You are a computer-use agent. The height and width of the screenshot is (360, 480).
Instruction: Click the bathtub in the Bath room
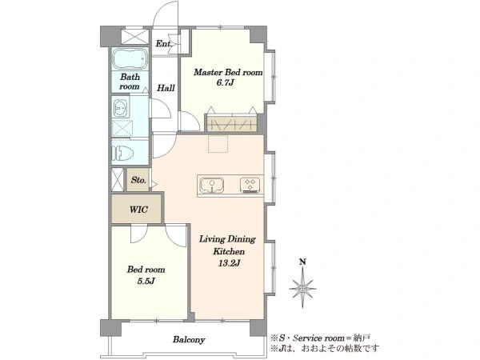130,58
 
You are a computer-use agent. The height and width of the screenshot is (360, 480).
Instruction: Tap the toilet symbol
122,153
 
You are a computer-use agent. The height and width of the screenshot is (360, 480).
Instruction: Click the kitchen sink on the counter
211,186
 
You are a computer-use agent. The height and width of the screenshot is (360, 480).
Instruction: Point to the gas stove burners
250,185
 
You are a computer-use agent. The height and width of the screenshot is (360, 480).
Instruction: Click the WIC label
138,210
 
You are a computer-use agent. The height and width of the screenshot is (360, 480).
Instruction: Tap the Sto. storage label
138,180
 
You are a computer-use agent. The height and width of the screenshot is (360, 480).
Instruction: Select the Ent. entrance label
164,44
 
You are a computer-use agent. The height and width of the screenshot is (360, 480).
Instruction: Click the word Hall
166,88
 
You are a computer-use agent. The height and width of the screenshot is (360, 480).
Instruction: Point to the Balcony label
189,339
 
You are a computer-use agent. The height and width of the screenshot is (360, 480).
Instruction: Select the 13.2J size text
229,263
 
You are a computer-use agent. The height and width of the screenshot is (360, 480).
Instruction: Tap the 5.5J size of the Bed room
146,281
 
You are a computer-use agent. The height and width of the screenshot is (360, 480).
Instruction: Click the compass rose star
302,288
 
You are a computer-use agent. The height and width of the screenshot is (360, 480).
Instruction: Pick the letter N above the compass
302,262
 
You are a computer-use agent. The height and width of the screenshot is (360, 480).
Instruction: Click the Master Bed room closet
231,124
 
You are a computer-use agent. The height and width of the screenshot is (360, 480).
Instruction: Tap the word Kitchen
229,251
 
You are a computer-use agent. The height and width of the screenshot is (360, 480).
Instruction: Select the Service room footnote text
321,338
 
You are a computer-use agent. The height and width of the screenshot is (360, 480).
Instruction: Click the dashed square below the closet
218,143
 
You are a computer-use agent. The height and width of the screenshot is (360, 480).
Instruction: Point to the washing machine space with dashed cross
122,129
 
